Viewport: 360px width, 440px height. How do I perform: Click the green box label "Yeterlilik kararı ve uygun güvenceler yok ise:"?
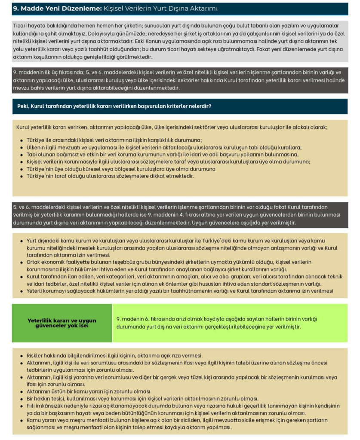(62, 323)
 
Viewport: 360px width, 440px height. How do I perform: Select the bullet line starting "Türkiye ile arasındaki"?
(114, 140)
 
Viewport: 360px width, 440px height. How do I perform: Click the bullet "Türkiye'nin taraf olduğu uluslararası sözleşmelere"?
(110, 176)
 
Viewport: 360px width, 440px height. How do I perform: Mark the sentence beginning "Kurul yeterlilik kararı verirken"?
(172, 127)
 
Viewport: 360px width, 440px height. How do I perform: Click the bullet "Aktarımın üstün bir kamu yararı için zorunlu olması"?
(89, 391)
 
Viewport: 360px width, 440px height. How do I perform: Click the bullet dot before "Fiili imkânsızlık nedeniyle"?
(22, 406)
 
